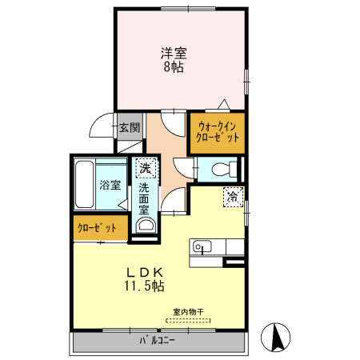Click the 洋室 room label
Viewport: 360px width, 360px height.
coord(174,54)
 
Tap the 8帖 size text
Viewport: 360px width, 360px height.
coord(174,68)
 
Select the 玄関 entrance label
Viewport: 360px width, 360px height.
coord(129,126)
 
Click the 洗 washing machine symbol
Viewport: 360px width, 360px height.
coord(145,168)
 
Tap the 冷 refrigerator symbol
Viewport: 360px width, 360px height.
coord(233,195)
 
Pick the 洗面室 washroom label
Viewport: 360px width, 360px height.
coord(144,199)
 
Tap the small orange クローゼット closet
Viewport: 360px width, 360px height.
coord(97,228)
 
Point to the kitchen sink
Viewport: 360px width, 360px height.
coord(201,246)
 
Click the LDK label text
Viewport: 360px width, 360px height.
coord(143,270)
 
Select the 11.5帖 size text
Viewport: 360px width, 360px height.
coord(143,286)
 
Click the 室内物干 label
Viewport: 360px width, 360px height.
coord(188,312)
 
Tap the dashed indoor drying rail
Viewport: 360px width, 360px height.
coord(189,320)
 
